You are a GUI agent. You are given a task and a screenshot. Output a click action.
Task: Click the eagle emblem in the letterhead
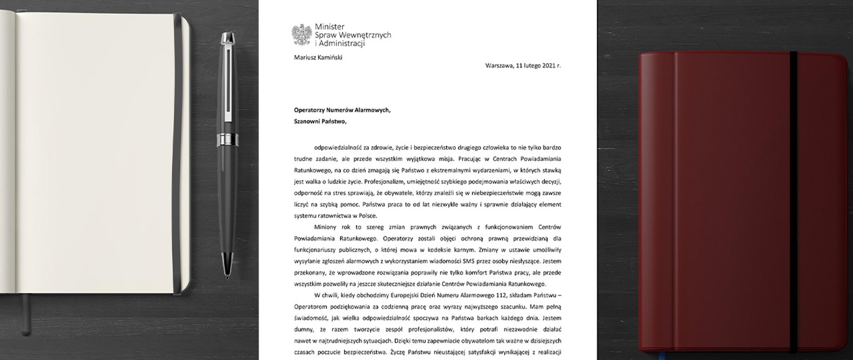(302, 35)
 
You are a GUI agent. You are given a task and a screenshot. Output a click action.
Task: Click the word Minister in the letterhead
(329, 27)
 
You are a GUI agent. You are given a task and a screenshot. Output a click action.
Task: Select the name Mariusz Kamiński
(318, 57)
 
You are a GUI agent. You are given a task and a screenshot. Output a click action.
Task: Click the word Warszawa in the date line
(499, 65)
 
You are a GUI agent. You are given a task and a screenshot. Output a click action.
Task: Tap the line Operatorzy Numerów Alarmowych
(342, 110)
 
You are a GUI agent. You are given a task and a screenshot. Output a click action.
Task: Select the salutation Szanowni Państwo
(320, 122)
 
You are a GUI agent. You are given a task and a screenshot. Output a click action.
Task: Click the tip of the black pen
(227, 276)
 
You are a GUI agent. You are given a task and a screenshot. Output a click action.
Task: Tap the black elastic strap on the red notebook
(793, 200)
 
